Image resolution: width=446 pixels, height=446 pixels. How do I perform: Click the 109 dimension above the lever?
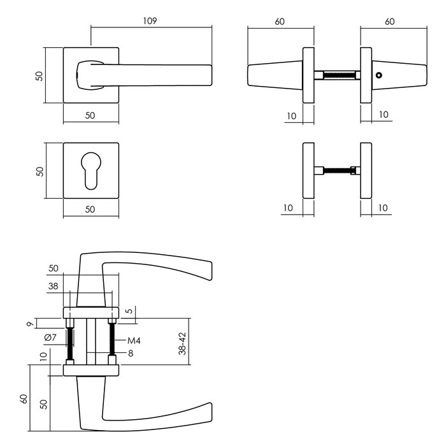coord(150,20)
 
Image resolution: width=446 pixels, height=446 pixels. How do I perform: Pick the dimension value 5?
coord(129,312)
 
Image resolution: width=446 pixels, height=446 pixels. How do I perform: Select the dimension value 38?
coord(54,287)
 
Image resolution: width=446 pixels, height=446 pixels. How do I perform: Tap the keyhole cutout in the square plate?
coord(91,170)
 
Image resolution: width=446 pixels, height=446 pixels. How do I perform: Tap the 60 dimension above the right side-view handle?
coord(390,21)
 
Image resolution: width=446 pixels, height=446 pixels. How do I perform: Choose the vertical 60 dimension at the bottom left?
coord(24,400)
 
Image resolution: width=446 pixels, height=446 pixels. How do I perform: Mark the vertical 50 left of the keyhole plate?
coord(40,171)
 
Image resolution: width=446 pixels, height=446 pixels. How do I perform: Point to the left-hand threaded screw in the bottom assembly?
coord(70,341)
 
